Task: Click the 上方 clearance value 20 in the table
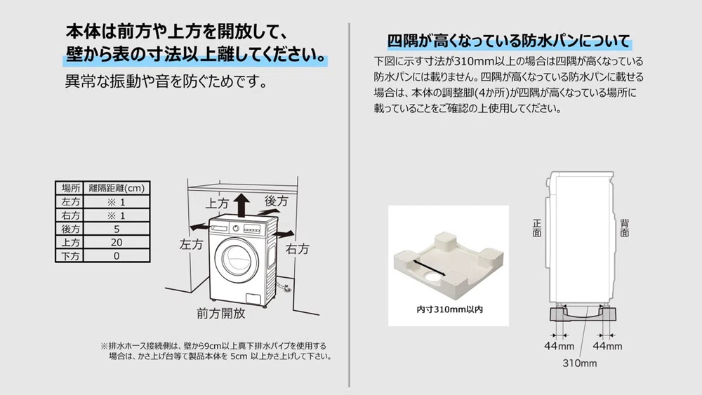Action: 117,243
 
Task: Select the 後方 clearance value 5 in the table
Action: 117,229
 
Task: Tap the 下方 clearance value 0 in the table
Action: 117,256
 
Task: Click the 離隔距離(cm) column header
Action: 117,188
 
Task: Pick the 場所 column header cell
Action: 71,188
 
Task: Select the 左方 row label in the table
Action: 71,202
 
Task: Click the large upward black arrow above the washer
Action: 241,205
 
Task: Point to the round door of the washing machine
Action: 237,261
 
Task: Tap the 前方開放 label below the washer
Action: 220,313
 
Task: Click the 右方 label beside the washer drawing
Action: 297,249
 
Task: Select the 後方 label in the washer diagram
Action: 276,201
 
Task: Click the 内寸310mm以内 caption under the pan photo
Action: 449,309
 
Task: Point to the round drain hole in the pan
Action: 432,277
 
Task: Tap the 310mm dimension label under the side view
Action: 579,363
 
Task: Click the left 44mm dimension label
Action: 559,346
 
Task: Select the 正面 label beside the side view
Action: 537,228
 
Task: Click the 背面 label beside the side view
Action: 625,228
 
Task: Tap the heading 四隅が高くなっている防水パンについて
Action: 509,41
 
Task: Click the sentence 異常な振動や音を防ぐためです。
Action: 166,81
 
